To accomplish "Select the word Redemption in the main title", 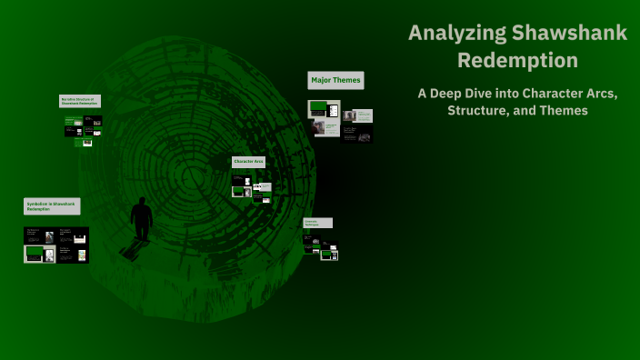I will (517, 61).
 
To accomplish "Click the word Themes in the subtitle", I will (565, 111).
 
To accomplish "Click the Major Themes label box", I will (335, 81).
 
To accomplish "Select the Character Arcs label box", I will (248, 162).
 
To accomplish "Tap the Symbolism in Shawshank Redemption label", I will (51, 205).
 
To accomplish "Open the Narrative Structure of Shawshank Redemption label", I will (79, 101).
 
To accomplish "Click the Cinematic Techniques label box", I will (317, 223).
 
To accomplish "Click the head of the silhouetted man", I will (142, 202).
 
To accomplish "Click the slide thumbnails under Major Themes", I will (340, 121).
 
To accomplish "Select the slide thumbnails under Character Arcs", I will (252, 188).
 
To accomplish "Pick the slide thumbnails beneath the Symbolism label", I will (55, 245).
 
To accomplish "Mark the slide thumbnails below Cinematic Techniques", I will (321, 246).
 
